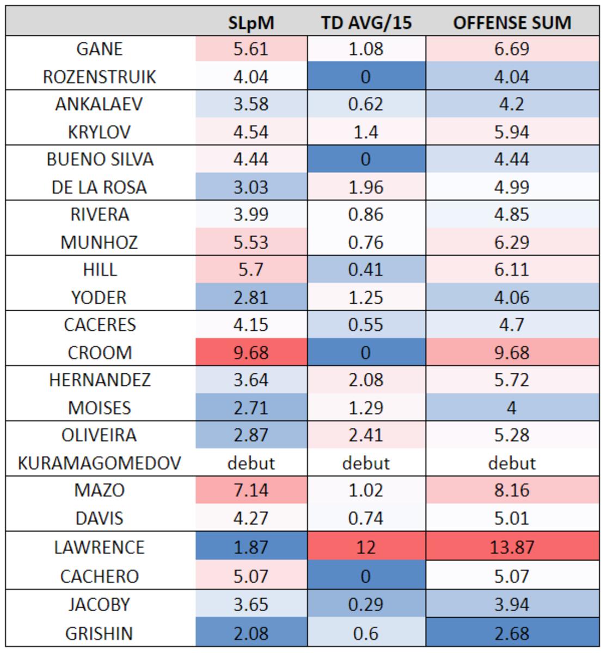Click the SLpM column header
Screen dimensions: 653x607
[251, 23]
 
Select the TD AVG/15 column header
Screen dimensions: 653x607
[366, 23]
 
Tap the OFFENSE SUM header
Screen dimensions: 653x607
[512, 23]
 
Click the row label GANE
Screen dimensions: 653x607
[100, 49]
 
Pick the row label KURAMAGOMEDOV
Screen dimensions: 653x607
[100, 463]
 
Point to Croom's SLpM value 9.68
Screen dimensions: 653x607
[251, 353]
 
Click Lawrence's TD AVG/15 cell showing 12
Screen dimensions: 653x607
[366, 547]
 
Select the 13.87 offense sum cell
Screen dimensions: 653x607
[512, 547]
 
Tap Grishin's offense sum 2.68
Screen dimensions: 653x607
[512, 633]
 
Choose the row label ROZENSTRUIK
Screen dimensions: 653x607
[100, 77]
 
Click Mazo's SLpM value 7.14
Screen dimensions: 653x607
[251, 490]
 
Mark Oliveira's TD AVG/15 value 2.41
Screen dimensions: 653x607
[366, 435]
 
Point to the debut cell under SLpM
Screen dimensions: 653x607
[251, 463]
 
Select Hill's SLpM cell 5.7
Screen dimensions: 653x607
[251, 269]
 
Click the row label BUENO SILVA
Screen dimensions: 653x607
[100, 159]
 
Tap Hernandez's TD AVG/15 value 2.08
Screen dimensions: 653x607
[366, 380]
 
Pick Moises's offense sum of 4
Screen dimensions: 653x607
[512, 408]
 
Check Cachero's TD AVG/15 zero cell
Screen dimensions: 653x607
[366, 576]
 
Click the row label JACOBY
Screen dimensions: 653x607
[100, 605]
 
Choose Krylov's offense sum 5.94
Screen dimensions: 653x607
[512, 132]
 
